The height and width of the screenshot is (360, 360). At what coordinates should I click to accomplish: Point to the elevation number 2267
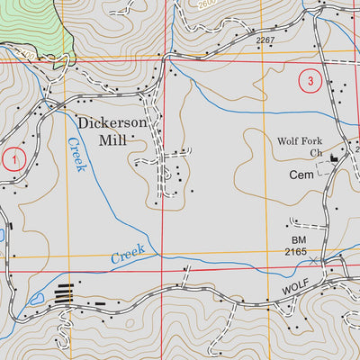265,40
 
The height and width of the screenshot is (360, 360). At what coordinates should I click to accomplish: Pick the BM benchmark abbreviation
299,240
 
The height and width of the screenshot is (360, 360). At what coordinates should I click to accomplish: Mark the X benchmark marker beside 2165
313,261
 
